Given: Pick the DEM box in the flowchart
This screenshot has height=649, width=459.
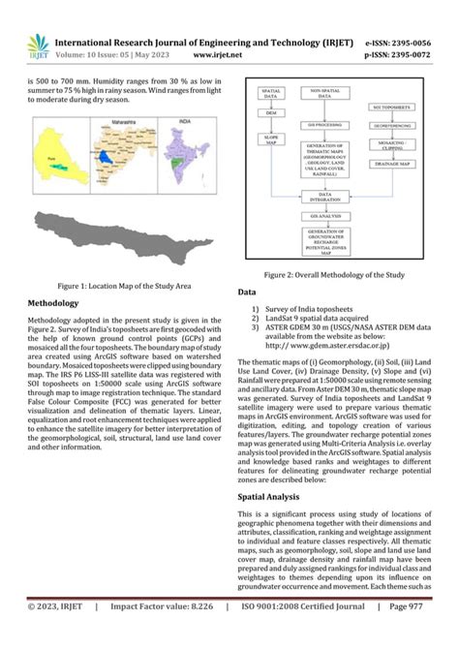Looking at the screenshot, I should click(x=269, y=114).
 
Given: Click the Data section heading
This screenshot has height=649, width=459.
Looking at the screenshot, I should click(x=247, y=292).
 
